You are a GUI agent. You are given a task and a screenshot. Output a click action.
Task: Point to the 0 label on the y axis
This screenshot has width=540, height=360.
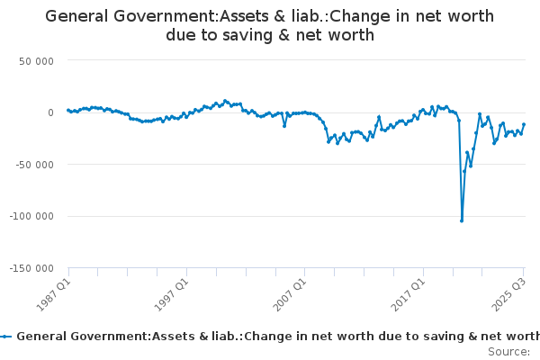tap(49, 112)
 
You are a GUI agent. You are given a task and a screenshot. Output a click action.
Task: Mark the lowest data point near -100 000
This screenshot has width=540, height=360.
tap(462, 220)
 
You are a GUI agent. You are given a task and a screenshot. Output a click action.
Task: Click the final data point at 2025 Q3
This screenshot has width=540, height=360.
tap(524, 124)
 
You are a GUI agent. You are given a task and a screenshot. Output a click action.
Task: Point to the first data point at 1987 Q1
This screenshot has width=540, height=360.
tap(68, 110)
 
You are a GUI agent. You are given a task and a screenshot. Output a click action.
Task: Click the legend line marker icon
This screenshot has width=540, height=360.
tap(7, 336)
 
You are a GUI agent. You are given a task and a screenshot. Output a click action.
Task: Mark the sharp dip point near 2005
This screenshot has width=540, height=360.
tap(284, 125)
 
